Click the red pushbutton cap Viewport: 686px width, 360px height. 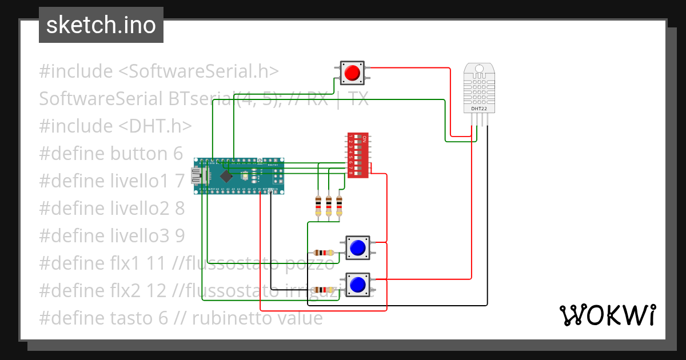coord(352,73)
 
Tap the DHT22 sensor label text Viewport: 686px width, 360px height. coord(479,107)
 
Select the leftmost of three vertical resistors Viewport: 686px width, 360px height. coord(318,205)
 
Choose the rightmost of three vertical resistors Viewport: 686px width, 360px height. coord(339,205)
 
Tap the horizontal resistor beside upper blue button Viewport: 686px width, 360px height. coord(324,253)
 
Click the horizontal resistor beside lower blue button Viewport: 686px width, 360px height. coord(324,290)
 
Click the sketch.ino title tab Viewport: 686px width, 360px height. coord(101,25)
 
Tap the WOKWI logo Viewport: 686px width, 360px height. coord(607,315)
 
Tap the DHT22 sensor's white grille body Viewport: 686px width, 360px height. coord(479,86)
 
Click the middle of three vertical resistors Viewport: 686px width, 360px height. coord(329,205)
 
